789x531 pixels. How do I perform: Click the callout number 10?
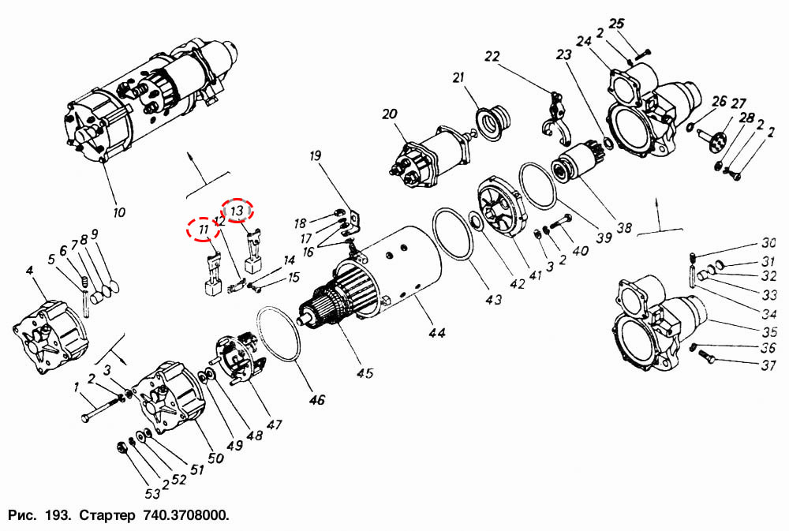119,212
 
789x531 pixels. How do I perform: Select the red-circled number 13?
237,211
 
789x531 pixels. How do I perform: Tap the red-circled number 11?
204,230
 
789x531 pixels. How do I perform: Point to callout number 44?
437,332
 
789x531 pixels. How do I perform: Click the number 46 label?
317,400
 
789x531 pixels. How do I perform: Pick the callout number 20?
390,114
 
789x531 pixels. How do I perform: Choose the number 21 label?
458,77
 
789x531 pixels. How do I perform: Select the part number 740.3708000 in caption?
185,515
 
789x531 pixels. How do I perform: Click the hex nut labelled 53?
122,447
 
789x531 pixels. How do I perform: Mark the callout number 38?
624,227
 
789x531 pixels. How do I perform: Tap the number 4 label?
30,271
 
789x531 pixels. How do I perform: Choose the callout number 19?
315,156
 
